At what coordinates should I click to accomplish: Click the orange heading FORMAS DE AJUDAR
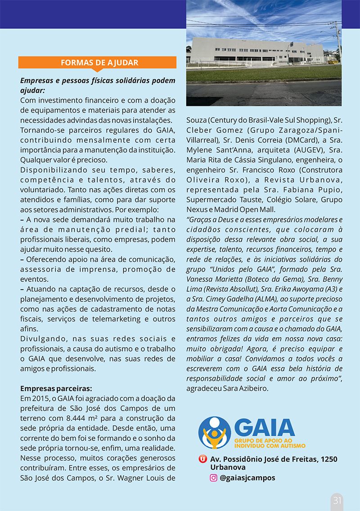tap(99, 63)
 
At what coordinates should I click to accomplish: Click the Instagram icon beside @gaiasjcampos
tap(214, 478)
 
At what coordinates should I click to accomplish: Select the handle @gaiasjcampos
tap(247, 478)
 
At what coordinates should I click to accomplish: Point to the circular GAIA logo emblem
tap(215, 433)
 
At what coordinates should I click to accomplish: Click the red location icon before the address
tap(203, 459)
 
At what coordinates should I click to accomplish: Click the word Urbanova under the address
tap(228, 467)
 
